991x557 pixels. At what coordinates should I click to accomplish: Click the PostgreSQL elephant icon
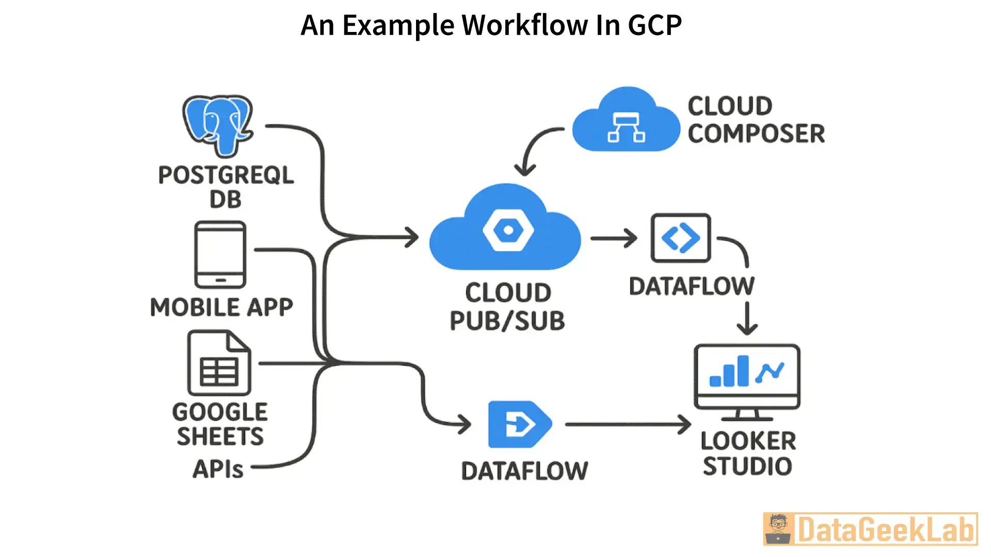click(218, 125)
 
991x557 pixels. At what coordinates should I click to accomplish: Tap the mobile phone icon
click(220, 255)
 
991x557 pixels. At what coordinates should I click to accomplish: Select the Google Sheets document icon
click(219, 364)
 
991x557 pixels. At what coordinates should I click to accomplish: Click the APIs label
click(218, 469)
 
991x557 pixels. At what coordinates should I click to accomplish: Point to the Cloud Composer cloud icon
click(626, 122)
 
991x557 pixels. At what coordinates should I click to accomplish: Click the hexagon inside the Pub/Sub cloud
click(508, 230)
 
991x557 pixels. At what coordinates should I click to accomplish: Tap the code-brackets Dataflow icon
click(681, 238)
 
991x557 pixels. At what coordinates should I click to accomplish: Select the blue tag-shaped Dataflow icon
click(519, 424)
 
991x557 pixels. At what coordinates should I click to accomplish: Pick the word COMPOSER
click(756, 134)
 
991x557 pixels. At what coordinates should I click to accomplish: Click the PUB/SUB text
click(507, 321)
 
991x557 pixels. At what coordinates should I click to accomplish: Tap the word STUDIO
click(747, 466)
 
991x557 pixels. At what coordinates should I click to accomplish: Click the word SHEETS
click(220, 436)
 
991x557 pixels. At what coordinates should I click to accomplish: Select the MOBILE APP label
click(221, 307)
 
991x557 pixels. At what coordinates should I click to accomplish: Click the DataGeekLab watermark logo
click(870, 529)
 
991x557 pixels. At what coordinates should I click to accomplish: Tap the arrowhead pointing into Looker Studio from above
click(747, 327)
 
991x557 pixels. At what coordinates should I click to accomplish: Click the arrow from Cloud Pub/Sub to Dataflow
click(614, 238)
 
